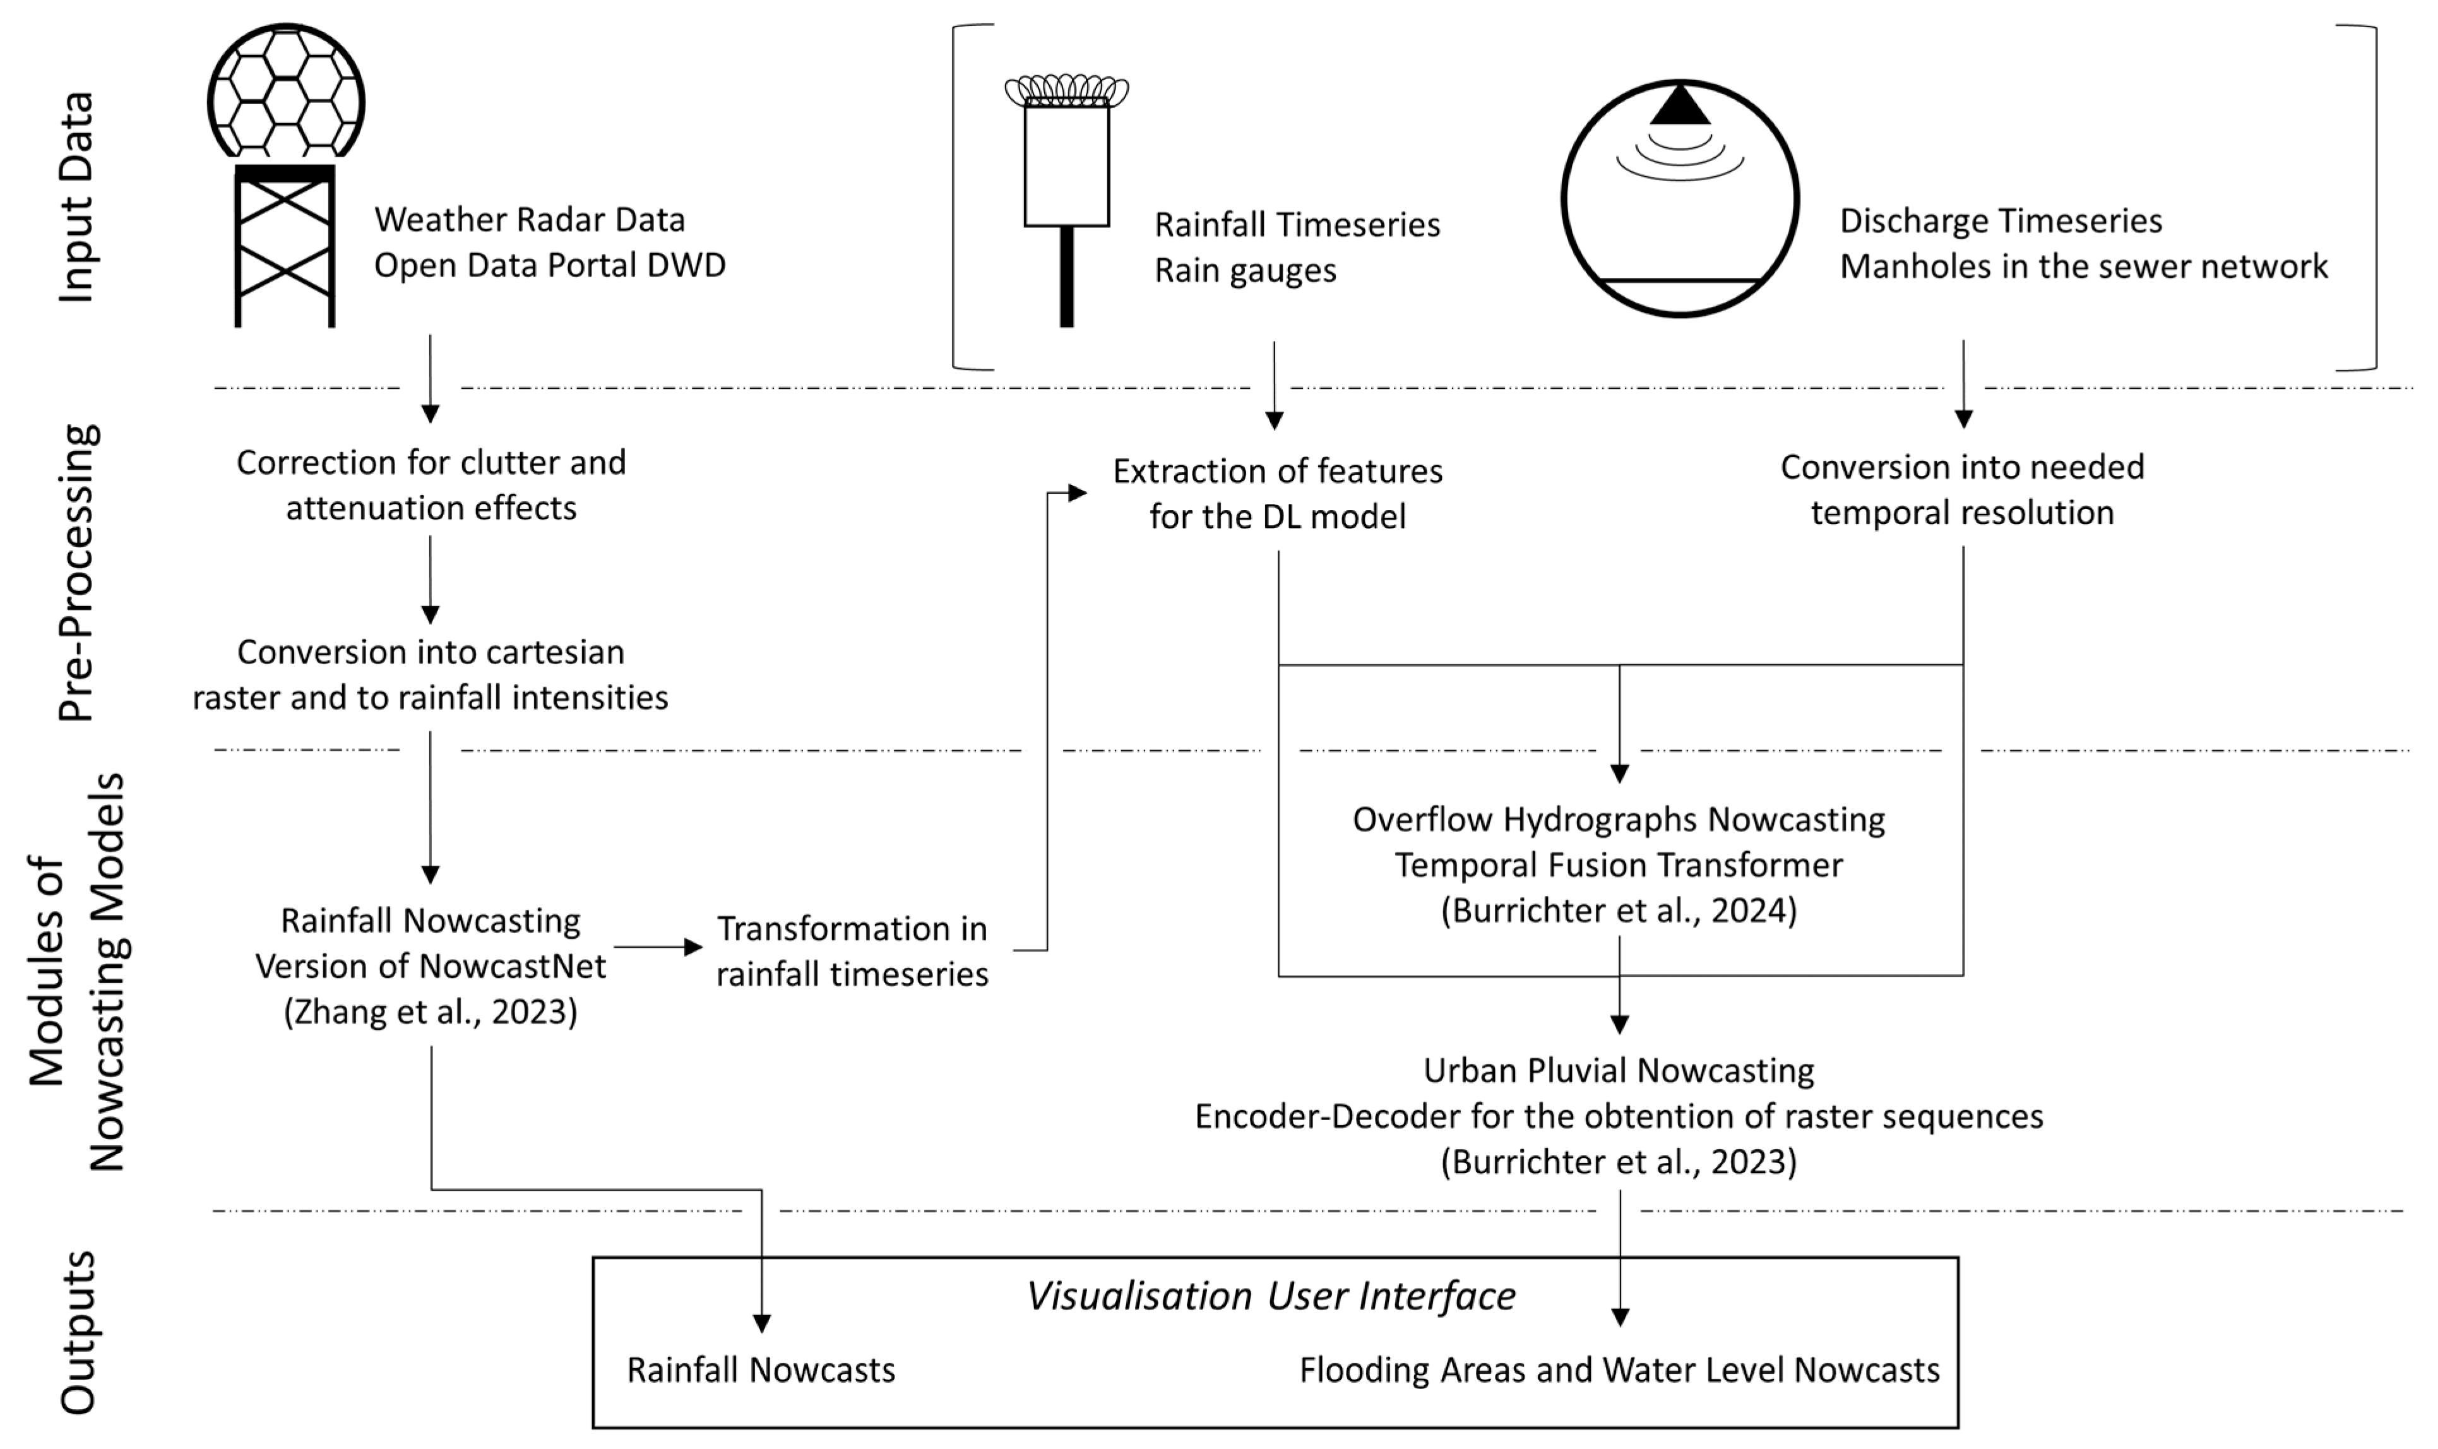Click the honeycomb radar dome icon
point(286,93)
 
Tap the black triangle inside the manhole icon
point(1680,105)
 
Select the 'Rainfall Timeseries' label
point(1297,225)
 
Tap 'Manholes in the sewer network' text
point(2084,266)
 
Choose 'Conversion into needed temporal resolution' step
point(1962,489)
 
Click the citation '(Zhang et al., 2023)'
point(431,1011)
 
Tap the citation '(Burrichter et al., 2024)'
point(1618,910)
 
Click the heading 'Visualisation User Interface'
point(1271,1296)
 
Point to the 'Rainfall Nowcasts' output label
point(760,1370)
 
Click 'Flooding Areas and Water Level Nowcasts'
point(1618,1370)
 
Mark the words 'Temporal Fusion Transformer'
point(1618,864)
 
